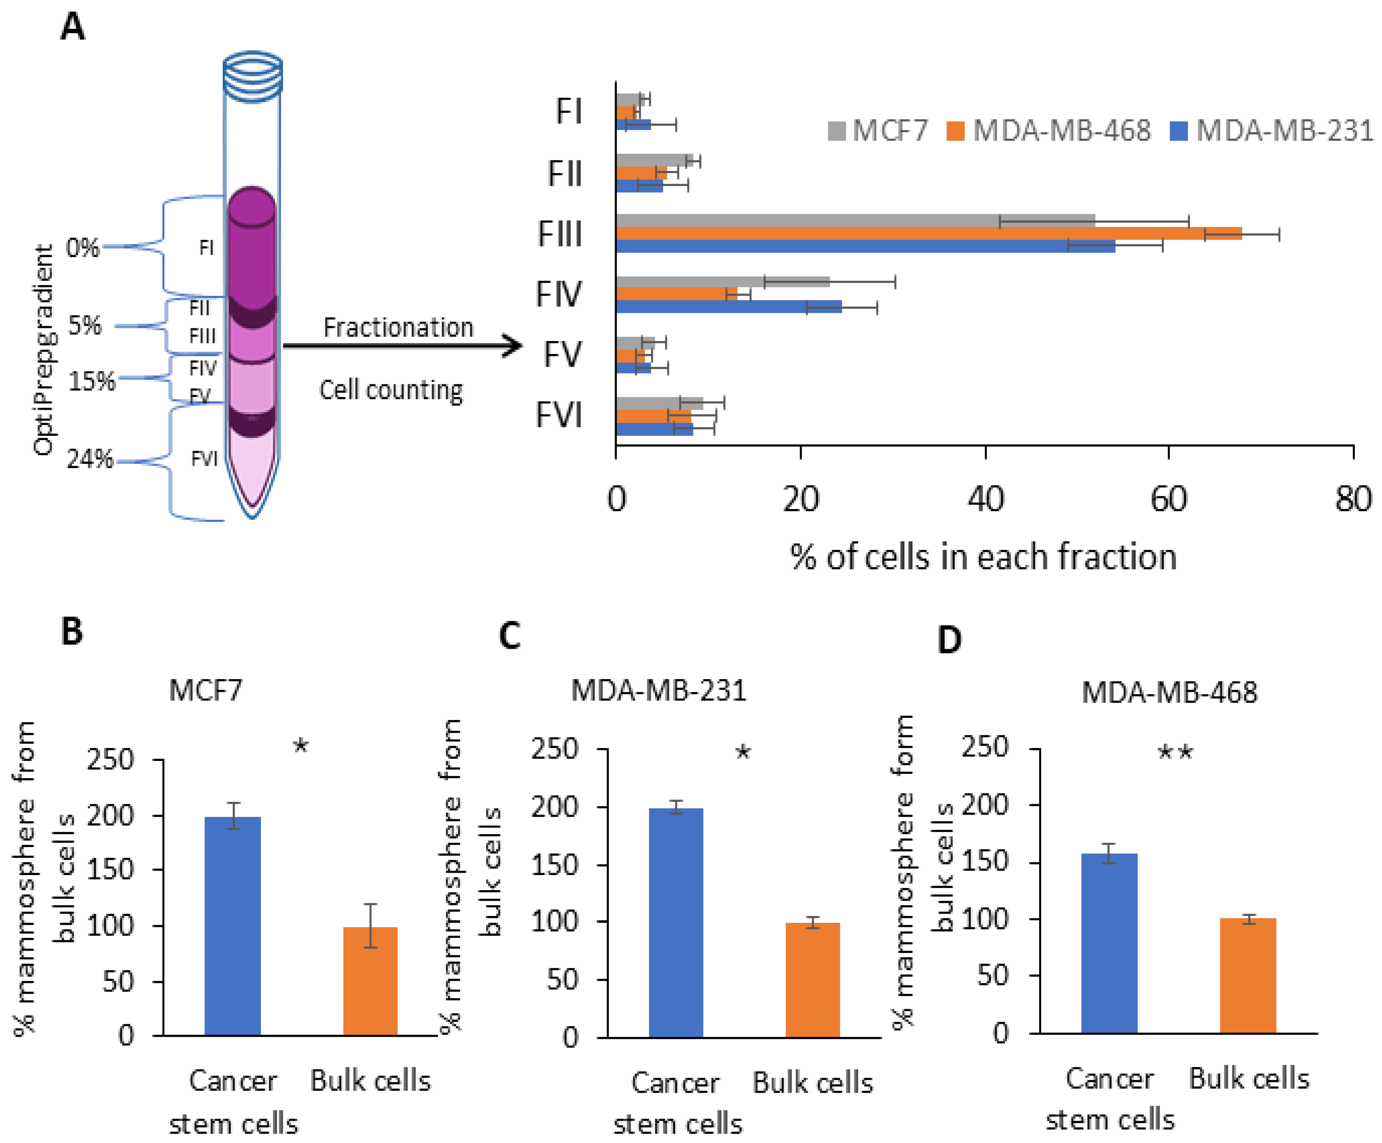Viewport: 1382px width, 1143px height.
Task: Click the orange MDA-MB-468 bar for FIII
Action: click(x=928, y=234)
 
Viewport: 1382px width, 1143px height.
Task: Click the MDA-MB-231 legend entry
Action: click(x=1271, y=131)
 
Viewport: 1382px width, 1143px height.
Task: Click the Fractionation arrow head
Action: click(x=513, y=345)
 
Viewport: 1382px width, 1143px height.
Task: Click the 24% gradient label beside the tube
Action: click(x=90, y=459)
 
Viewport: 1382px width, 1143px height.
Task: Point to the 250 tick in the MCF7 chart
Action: click(x=111, y=760)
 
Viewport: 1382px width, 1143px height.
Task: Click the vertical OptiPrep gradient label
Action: click(x=44, y=349)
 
